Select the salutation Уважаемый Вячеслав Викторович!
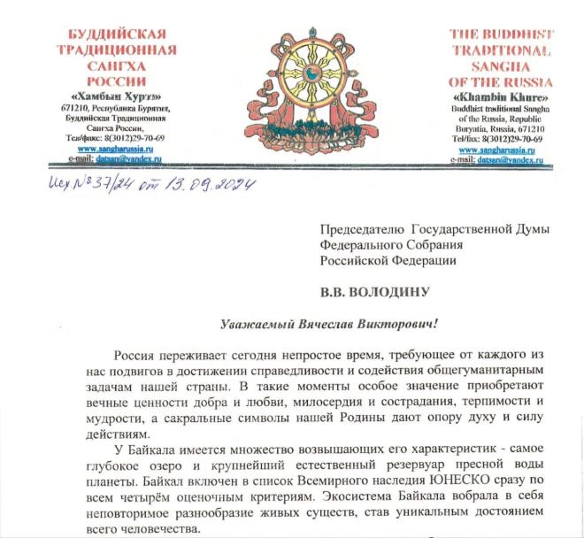[x=293, y=325]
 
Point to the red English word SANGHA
[x=500, y=65]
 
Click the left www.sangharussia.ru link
[x=111, y=150]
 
